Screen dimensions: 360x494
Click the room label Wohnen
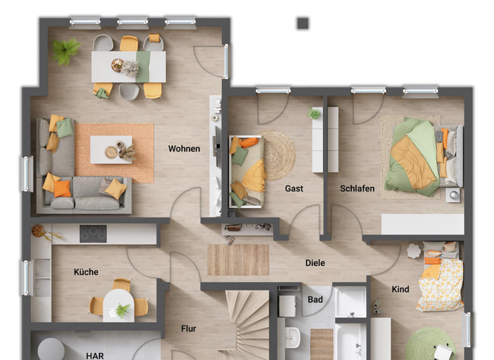[x=184, y=148]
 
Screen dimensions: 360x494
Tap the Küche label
[x=86, y=272]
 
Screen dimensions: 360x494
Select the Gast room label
[x=294, y=188]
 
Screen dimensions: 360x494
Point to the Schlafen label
[x=358, y=188]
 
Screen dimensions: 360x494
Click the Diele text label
[x=315, y=263]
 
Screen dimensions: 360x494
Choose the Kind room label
[x=400, y=289]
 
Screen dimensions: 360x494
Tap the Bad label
[x=315, y=300]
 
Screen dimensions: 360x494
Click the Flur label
[x=188, y=328]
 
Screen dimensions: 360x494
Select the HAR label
[x=95, y=355]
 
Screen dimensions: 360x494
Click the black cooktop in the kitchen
[x=93, y=233]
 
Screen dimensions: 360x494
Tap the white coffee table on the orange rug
[x=111, y=149]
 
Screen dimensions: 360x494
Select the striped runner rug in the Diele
[x=238, y=260]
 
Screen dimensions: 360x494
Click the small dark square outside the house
[x=303, y=24]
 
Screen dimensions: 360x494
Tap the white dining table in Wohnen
[x=129, y=66]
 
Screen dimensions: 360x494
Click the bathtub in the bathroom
[x=351, y=339]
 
